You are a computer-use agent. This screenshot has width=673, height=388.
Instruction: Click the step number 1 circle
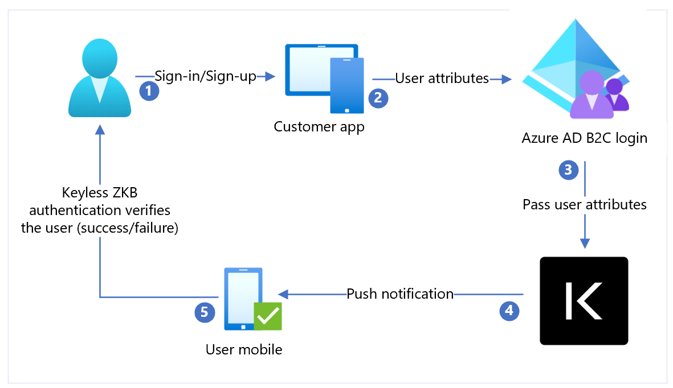[149, 91]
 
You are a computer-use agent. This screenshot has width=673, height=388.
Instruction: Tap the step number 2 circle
[378, 98]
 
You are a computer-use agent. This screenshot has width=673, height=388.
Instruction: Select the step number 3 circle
[568, 170]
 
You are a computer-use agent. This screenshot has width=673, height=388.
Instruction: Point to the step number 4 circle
[509, 310]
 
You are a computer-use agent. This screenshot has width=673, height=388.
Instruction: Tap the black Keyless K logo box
[584, 301]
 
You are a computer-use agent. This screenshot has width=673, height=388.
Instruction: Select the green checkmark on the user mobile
[267, 316]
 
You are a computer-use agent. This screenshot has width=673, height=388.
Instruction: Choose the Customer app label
[319, 126]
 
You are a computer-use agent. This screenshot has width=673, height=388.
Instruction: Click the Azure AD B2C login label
[584, 138]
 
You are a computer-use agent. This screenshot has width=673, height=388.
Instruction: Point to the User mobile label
[244, 349]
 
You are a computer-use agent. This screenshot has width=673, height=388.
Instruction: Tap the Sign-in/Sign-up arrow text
[205, 76]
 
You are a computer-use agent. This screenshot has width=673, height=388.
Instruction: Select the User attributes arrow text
[442, 79]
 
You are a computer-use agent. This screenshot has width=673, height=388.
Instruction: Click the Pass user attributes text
[585, 204]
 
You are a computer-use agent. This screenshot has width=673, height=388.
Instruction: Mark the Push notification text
[400, 294]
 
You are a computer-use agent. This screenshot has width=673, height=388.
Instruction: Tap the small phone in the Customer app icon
[347, 85]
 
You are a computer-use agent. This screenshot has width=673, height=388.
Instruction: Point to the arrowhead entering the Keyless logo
[585, 243]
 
